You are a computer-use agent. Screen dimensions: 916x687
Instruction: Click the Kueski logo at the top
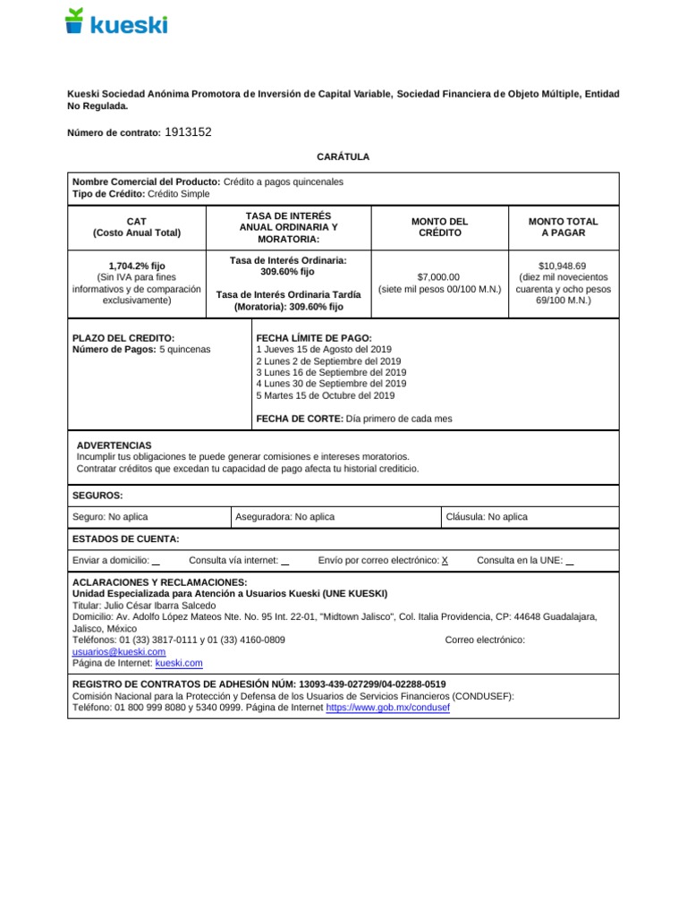116,22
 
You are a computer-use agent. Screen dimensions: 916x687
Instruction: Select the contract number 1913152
189,132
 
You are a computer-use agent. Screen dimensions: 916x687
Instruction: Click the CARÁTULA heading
343,157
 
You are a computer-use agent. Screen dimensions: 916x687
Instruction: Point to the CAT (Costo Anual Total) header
137,227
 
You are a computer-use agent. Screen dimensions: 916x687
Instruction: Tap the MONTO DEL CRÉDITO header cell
439,227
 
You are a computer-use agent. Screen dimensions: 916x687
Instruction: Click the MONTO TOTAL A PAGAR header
563,227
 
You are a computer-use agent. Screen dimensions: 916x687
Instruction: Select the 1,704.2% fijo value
136,266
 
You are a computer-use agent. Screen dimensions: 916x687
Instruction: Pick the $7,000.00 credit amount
438,277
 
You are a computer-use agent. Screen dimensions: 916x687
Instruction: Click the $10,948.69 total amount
563,266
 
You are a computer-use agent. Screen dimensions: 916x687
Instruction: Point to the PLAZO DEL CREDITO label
123,338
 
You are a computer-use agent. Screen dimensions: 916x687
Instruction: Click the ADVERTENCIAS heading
114,445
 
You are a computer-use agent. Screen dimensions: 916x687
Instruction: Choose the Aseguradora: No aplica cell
284,517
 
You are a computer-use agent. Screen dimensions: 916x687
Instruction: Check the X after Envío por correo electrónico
445,561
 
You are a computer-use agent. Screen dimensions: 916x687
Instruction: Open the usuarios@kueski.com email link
119,652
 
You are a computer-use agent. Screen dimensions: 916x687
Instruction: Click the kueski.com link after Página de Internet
179,664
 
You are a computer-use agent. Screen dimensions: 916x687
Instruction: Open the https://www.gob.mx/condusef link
388,708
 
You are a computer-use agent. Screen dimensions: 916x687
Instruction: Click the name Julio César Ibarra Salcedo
160,606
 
